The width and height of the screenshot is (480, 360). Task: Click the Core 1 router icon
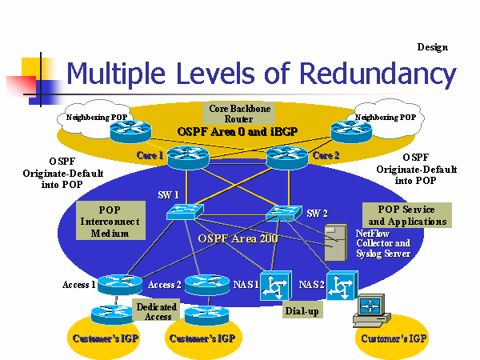tap(187, 157)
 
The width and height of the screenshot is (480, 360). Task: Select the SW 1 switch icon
tap(186, 210)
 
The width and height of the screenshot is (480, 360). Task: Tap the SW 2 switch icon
tap(284, 213)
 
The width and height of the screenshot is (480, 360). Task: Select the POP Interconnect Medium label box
tap(110, 221)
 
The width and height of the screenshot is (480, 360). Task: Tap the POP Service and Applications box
tap(406, 214)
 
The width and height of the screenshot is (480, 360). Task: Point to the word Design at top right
tap(432, 47)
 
